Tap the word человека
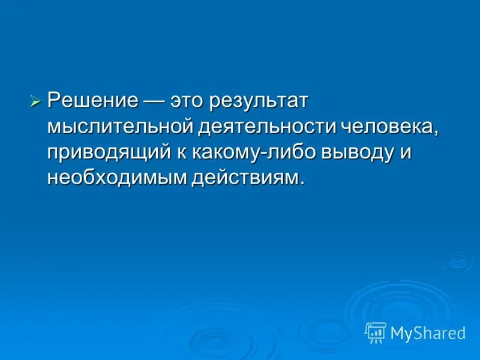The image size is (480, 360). pos(388,126)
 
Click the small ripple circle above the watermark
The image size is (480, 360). pos(457,262)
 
